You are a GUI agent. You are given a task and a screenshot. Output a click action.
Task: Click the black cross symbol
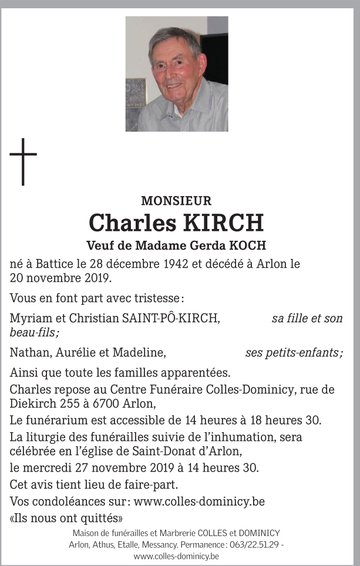click(x=23, y=161)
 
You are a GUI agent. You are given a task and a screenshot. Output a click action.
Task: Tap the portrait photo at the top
click(x=177, y=73)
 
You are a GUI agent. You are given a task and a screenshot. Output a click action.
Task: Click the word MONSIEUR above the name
click(x=176, y=201)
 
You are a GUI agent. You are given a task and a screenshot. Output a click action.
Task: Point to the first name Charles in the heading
click(x=132, y=224)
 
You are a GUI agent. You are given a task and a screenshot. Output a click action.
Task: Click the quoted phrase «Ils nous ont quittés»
click(x=66, y=518)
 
